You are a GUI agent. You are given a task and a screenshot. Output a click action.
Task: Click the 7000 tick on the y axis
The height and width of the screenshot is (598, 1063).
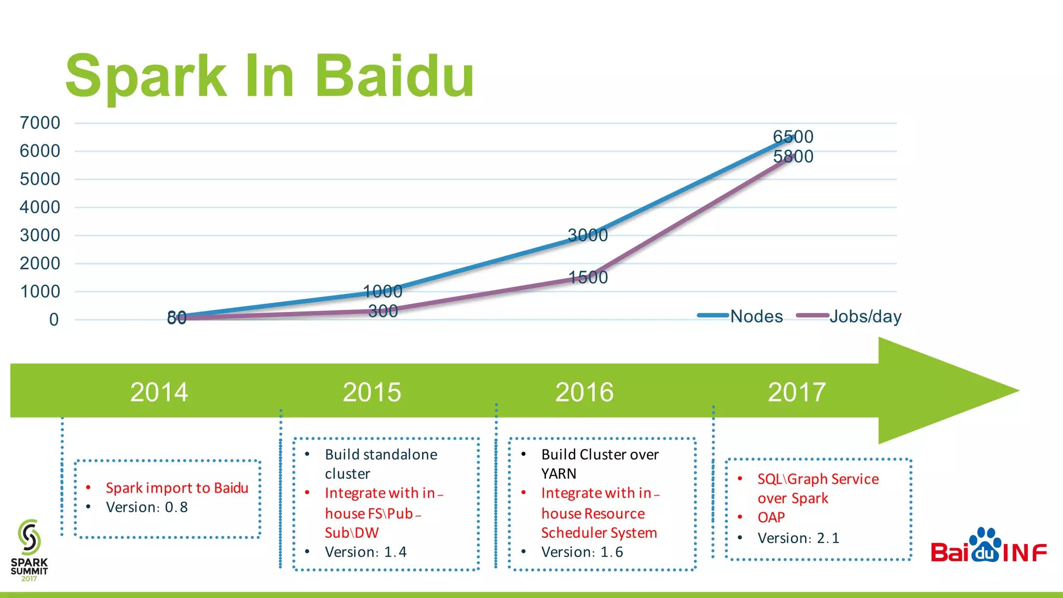pyautogui.click(x=40, y=123)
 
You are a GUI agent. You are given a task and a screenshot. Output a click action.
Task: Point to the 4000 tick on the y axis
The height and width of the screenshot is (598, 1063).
pyautogui.click(x=40, y=207)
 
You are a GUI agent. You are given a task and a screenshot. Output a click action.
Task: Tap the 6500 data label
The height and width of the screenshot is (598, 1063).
pyautogui.click(x=793, y=137)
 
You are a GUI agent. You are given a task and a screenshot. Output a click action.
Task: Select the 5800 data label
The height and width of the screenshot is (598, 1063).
pyautogui.click(x=793, y=156)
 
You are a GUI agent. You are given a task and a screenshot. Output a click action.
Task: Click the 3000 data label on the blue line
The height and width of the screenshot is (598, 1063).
pyautogui.click(x=588, y=235)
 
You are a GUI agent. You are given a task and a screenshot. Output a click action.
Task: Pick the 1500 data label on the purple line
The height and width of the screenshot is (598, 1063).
pyautogui.click(x=588, y=277)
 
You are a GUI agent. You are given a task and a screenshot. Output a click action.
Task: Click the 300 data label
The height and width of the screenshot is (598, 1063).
pyautogui.click(x=383, y=311)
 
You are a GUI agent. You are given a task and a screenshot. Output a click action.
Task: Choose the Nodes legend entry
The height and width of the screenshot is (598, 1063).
pyautogui.click(x=756, y=316)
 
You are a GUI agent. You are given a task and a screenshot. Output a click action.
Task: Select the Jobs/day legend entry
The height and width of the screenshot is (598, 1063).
pyautogui.click(x=865, y=316)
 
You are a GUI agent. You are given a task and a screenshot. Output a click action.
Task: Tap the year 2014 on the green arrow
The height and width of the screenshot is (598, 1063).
pyautogui.click(x=159, y=392)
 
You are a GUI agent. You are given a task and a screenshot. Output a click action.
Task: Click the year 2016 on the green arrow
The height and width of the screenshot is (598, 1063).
pyautogui.click(x=584, y=392)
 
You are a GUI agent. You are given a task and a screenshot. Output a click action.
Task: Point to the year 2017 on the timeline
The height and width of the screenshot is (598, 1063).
pyautogui.click(x=797, y=392)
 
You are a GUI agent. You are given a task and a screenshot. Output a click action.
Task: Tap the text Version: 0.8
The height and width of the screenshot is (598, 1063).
pyautogui.click(x=147, y=507)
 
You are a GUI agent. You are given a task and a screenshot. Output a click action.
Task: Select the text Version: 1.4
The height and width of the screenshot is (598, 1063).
pyautogui.click(x=365, y=552)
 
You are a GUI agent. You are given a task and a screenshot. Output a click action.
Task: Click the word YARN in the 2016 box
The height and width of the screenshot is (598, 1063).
pyautogui.click(x=558, y=473)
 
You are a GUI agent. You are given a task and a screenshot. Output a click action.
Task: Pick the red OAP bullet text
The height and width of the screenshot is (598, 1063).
pyautogui.click(x=771, y=518)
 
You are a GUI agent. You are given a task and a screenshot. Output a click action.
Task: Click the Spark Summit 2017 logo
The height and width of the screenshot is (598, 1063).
pyautogui.click(x=29, y=550)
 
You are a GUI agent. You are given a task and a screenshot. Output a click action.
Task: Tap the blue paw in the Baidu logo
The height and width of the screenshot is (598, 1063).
pyautogui.click(x=985, y=545)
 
